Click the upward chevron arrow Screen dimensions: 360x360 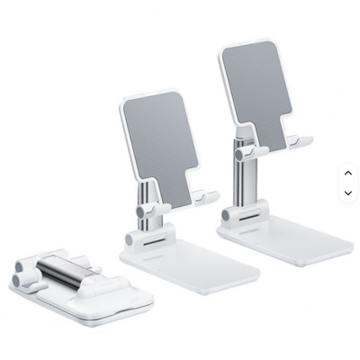click(348, 172)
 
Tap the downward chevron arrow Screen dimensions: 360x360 click(348, 192)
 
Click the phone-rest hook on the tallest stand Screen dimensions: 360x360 click(301, 141)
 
